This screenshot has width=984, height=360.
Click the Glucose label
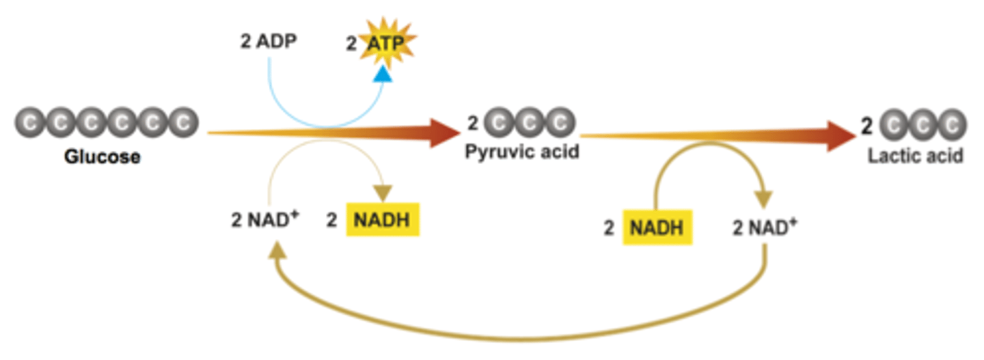coord(102,157)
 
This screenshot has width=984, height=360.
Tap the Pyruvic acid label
coord(522,152)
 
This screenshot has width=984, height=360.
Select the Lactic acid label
coord(916,156)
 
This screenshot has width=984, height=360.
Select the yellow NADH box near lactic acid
coord(657,227)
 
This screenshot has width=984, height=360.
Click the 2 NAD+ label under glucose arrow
coord(266,222)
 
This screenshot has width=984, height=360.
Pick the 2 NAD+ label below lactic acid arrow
coord(765,227)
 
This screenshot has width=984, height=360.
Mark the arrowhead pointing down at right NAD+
coord(763,198)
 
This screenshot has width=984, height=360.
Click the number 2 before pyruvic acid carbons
coord(472,124)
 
